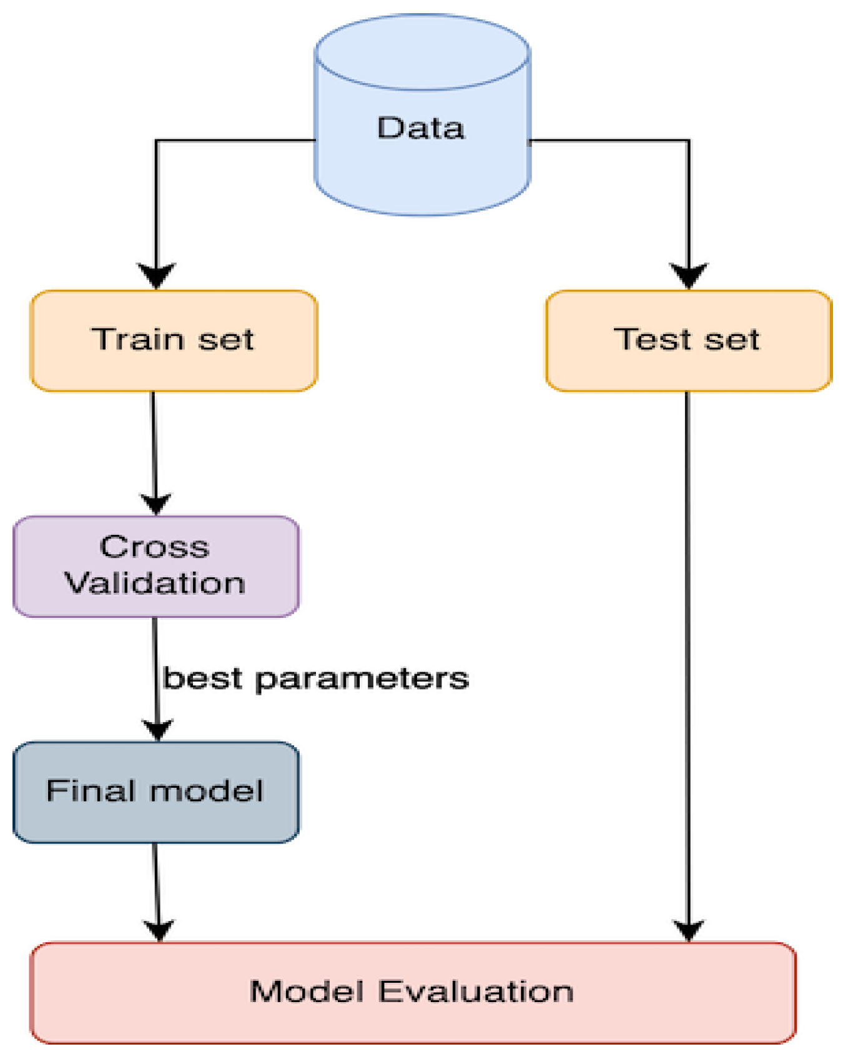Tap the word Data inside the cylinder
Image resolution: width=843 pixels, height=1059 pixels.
(x=421, y=128)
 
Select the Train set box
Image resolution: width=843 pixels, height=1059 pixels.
(x=174, y=341)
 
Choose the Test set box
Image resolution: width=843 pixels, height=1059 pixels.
(x=688, y=341)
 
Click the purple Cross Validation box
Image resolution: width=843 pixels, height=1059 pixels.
(x=156, y=566)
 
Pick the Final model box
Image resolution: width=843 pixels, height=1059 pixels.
(x=156, y=792)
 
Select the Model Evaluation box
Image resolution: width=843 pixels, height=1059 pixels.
(x=412, y=992)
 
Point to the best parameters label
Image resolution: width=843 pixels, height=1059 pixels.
(x=315, y=678)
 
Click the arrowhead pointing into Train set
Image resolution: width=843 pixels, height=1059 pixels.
(x=156, y=275)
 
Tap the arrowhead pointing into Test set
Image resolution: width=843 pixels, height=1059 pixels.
(x=689, y=275)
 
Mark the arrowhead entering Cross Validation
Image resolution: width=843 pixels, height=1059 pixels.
(x=155, y=503)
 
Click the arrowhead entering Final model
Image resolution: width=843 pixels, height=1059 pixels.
(x=157, y=728)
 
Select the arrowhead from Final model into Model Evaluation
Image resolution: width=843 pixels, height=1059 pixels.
(x=159, y=930)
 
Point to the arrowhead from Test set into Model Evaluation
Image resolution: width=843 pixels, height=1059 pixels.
(x=688, y=930)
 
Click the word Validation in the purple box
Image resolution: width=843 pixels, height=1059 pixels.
(x=155, y=584)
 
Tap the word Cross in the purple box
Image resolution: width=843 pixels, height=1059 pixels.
(x=155, y=547)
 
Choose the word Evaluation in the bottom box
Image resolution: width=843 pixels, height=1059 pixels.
(x=476, y=992)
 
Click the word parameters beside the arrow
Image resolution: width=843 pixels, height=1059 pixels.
(x=362, y=679)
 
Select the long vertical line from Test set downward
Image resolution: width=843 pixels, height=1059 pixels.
(x=688, y=656)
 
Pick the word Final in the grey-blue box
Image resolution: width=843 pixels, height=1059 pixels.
(x=91, y=791)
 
